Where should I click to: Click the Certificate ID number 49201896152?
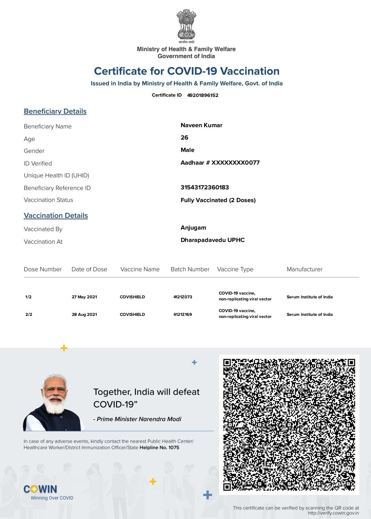pyautogui.click(x=203, y=95)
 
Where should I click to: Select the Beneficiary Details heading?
pyautogui.click(x=55, y=111)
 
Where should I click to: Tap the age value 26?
pyautogui.click(x=184, y=137)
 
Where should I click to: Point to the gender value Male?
pyautogui.click(x=188, y=150)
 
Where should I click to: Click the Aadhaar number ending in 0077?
pyautogui.click(x=220, y=163)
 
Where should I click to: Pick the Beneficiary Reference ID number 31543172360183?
pyautogui.click(x=205, y=187)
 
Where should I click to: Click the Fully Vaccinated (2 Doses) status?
pyautogui.click(x=218, y=200)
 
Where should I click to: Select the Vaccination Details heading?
pyautogui.click(x=56, y=216)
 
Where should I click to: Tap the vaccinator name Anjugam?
pyautogui.click(x=193, y=228)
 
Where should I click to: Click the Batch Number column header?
pyautogui.click(x=190, y=269)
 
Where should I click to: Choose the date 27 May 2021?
pyautogui.click(x=84, y=297)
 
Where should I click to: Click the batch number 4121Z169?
pyautogui.click(x=183, y=314)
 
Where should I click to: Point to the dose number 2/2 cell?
pyautogui.click(x=29, y=314)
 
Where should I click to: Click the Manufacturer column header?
pyautogui.click(x=305, y=269)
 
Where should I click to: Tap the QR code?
pyautogui.click(x=289, y=424)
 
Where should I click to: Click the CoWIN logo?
pyautogui.click(x=41, y=489)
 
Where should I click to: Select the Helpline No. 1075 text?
pyautogui.click(x=159, y=448)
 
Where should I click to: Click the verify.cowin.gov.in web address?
pyautogui.click(x=333, y=513)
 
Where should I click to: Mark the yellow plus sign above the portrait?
pyautogui.click(x=64, y=348)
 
